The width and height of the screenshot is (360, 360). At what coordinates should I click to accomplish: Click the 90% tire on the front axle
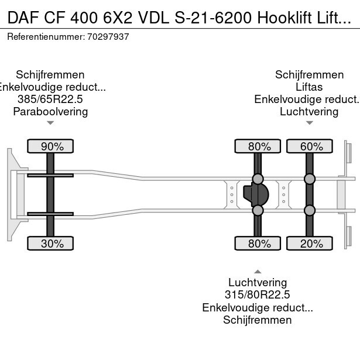[x=50, y=146]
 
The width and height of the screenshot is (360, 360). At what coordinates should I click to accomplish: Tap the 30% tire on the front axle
[x=50, y=244]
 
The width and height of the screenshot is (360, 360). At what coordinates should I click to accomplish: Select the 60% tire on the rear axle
[x=309, y=146]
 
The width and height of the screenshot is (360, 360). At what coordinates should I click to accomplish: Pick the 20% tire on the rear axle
[x=309, y=244]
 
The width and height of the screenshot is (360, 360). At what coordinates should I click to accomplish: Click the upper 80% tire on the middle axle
[x=257, y=146]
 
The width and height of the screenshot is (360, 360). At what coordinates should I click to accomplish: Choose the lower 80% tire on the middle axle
[x=257, y=244]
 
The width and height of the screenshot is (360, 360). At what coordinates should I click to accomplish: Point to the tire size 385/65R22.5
[x=50, y=99]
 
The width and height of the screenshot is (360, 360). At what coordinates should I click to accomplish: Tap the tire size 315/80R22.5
[x=258, y=295]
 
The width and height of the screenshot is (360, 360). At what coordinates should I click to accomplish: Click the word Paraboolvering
[x=50, y=111]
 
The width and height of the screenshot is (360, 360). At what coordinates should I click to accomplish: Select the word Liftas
[x=309, y=87]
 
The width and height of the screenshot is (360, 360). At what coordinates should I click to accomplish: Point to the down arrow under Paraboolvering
[x=50, y=123]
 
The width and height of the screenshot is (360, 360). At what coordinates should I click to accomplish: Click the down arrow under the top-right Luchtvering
[x=309, y=123]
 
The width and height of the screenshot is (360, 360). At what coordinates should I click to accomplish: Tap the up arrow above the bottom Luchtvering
[x=258, y=271]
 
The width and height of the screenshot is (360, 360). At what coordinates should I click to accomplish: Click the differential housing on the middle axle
[x=255, y=194]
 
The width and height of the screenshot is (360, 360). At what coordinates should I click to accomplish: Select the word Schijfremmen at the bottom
[x=258, y=320]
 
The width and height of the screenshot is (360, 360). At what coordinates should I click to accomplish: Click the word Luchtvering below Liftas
[x=309, y=111]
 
